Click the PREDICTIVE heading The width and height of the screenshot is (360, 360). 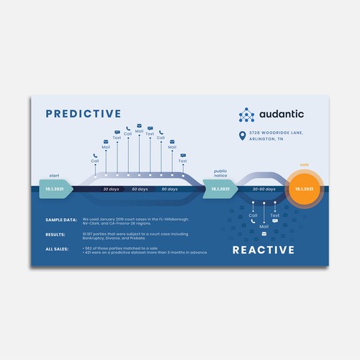coord(83,113)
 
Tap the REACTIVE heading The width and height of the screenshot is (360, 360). coord(264,250)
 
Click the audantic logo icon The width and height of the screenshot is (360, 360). coord(247,114)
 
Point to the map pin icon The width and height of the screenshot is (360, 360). coord(242,135)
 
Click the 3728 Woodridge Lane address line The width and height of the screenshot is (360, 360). coord(276,132)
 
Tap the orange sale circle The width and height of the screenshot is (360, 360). coord(304,189)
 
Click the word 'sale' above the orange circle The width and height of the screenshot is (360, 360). coord(304,164)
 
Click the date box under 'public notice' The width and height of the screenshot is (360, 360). coord(220,189)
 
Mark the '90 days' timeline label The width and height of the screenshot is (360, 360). coord(169,189)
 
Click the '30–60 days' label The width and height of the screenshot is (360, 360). coord(263,189)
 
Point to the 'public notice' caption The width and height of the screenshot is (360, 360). coord(220,174)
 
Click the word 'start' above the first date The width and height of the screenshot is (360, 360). coord(54,175)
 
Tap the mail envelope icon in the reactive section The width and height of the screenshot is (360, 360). coord(264,234)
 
